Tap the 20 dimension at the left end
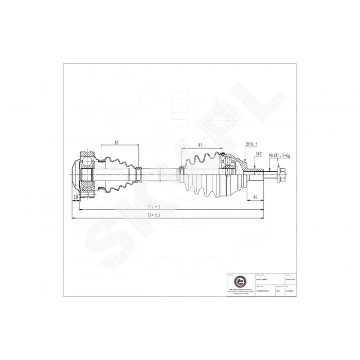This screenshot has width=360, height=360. (76, 197)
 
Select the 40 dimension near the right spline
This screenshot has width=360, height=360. (256, 196)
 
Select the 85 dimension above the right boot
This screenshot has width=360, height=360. (200, 145)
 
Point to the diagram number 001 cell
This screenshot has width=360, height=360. (278, 291)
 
